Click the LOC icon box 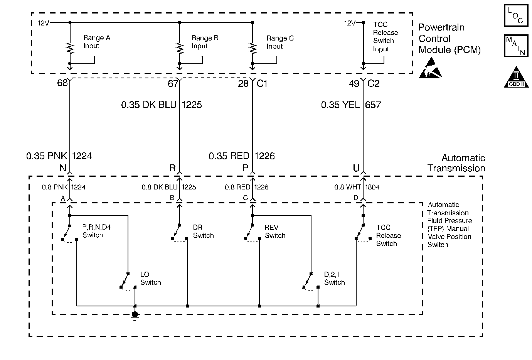516,15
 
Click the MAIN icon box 516,46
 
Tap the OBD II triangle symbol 516,77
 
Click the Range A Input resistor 70,48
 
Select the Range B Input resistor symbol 180,48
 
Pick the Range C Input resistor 253,48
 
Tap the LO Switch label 151,279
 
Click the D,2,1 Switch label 334,279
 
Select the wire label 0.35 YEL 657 351,105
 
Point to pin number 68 62,83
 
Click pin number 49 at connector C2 354,83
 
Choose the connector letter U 356,168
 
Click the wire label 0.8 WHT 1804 357,187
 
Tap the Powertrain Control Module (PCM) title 450,39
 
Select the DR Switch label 203,232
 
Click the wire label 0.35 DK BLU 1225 162,105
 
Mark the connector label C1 262,83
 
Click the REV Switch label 275,232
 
